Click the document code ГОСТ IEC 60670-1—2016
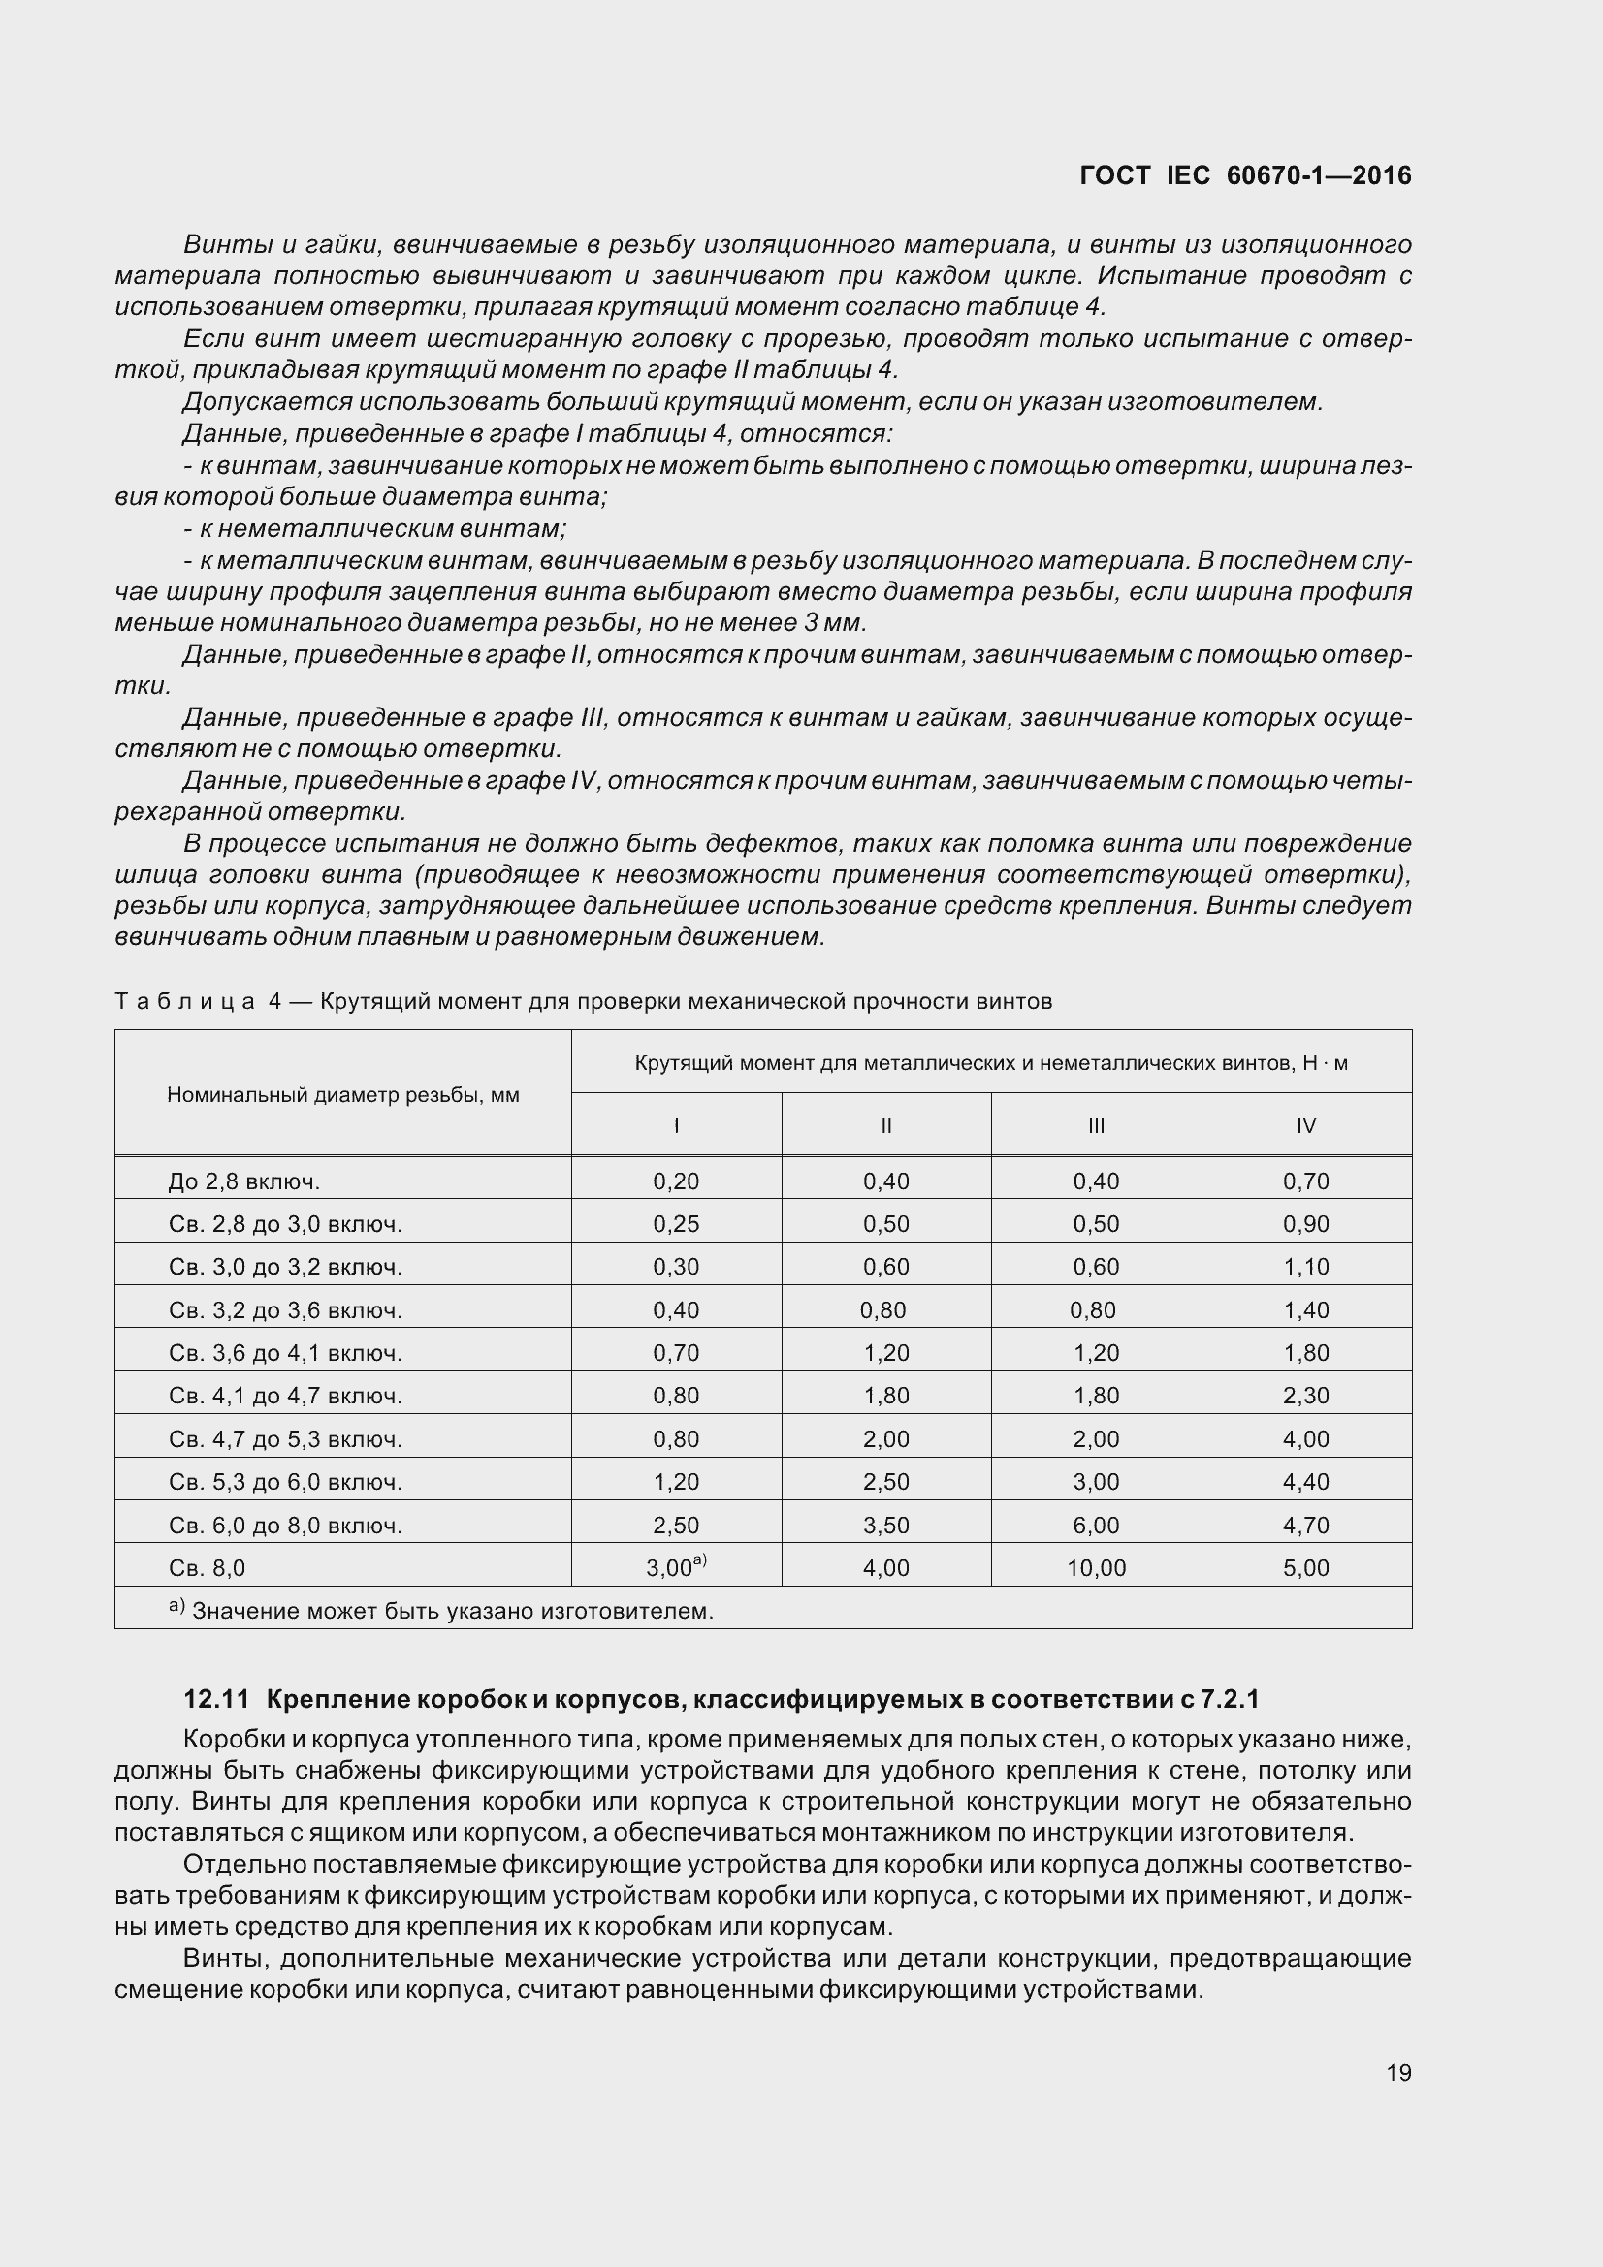pyautogui.click(x=1244, y=175)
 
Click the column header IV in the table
pyautogui.click(x=1305, y=1125)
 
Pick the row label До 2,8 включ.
pyautogui.click(x=244, y=1181)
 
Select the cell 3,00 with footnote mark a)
pyautogui.click(x=676, y=1567)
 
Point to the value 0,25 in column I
pyautogui.click(x=676, y=1224)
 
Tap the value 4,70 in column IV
pyautogui.click(x=1305, y=1526)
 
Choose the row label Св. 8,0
pyautogui.click(x=207, y=1568)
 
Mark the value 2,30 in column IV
pyautogui.click(x=1305, y=1396)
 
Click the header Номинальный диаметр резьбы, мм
pyautogui.click(x=342, y=1095)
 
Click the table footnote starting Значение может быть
pyautogui.click(x=450, y=1612)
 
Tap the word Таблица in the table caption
pyautogui.click(x=183, y=1002)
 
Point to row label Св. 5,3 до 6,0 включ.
pyautogui.click(x=284, y=1482)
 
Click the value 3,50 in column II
pyautogui.click(x=886, y=1526)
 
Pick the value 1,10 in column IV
pyautogui.click(x=1305, y=1267)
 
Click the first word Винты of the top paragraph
pyautogui.click(x=216, y=244)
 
